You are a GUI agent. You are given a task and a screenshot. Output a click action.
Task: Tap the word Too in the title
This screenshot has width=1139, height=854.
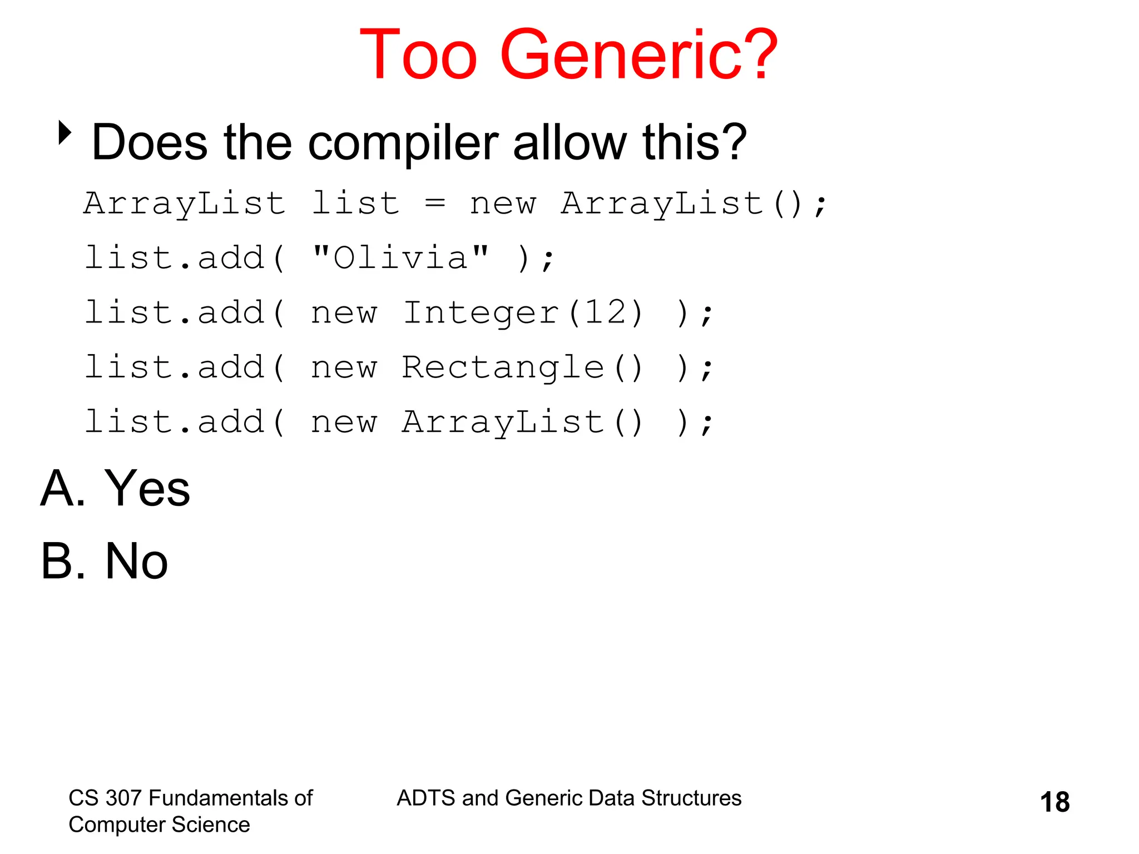pyautogui.click(x=418, y=56)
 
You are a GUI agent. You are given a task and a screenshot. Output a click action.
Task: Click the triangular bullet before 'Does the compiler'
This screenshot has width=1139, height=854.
pyautogui.click(x=65, y=133)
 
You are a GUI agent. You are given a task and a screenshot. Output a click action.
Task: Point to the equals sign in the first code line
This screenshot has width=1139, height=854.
pyautogui.click(x=434, y=203)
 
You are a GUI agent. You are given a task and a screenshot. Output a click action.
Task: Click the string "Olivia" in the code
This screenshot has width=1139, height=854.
pyautogui.click(x=400, y=258)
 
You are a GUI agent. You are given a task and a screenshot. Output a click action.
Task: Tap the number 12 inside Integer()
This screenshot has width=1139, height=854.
pyautogui.click(x=606, y=312)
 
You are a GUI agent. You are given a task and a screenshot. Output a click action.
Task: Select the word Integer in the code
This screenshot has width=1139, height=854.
pyautogui.click(x=481, y=312)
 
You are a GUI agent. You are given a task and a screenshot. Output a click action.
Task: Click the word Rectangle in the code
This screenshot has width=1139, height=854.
pyautogui.click(x=503, y=368)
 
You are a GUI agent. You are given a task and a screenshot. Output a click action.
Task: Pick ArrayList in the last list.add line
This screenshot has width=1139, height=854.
pyautogui.click(x=503, y=422)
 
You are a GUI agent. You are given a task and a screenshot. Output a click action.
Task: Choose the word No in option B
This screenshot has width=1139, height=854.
pyautogui.click(x=136, y=561)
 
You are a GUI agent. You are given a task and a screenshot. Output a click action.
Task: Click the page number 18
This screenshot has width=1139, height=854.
pyautogui.click(x=1054, y=802)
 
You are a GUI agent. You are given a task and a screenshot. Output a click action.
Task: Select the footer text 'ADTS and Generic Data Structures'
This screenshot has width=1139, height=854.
pyautogui.click(x=569, y=798)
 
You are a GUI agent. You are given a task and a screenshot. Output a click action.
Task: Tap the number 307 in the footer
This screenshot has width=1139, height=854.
pyautogui.click(x=124, y=798)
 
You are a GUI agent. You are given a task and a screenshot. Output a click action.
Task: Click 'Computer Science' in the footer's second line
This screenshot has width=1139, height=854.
pyautogui.click(x=159, y=825)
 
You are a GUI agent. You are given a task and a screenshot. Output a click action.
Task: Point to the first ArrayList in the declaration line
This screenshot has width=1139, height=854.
pyautogui.click(x=184, y=203)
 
